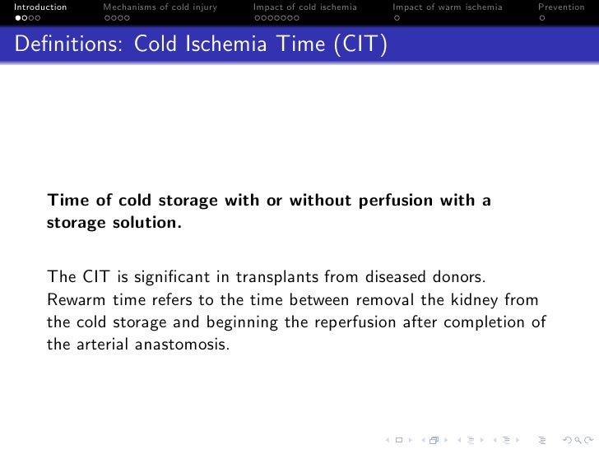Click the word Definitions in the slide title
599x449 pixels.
63,47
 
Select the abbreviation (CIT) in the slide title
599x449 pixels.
360,47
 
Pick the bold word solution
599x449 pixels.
144,223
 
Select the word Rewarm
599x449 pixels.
73,299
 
